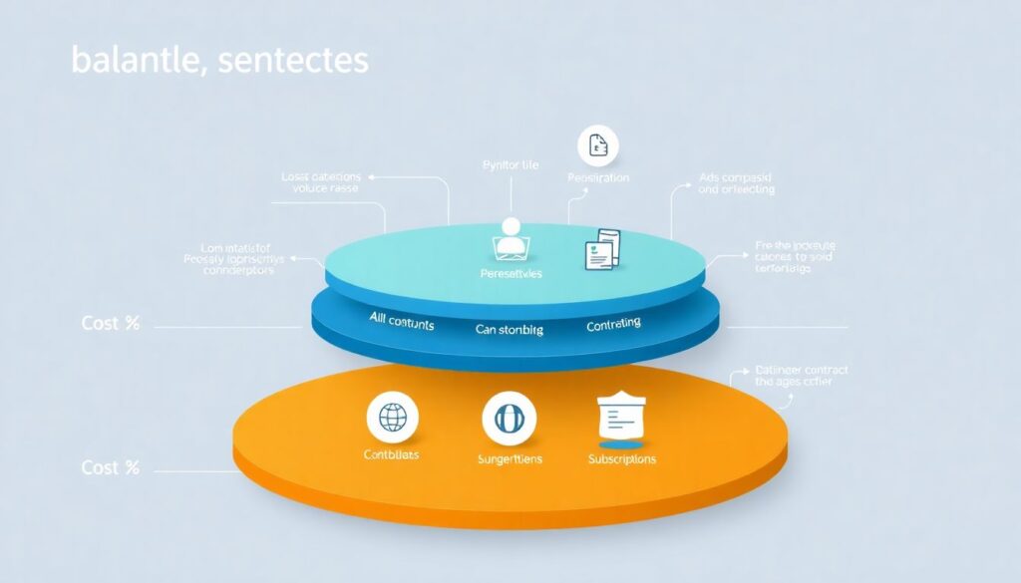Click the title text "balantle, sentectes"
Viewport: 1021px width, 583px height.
(219, 60)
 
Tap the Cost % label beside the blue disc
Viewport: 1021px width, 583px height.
(111, 324)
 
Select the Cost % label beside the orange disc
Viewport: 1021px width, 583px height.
(111, 467)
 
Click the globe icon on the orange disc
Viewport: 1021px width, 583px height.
(392, 418)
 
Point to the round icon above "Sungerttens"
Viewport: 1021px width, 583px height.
(509, 418)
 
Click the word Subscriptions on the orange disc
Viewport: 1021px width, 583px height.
(621, 459)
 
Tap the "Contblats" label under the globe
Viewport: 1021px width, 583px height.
(392, 455)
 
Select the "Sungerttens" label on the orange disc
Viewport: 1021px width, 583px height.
(509, 459)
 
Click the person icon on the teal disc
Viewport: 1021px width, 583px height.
(510, 237)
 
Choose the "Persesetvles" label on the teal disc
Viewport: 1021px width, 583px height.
(510, 273)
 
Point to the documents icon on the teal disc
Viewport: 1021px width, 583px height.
(602, 248)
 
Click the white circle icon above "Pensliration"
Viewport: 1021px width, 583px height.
(598, 146)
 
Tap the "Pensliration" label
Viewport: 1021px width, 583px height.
(598, 178)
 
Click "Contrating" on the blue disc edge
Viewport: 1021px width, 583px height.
(613, 325)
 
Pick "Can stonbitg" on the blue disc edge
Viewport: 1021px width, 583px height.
(509, 329)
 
